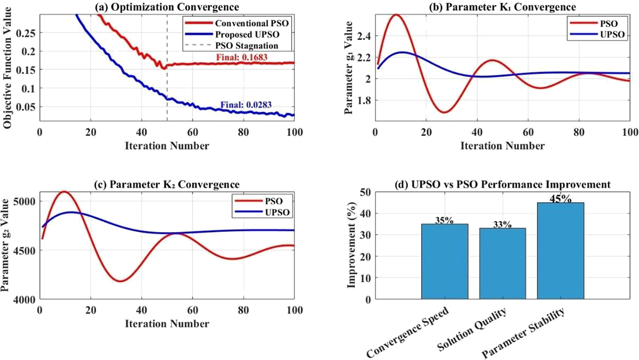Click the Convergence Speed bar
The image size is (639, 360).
pos(445,261)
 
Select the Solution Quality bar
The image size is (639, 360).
pos(502,263)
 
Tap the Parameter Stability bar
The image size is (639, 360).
pos(560,251)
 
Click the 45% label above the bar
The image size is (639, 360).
pos(560,199)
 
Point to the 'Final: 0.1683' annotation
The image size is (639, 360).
pos(242,58)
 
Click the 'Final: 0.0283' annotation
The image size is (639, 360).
pos(246,105)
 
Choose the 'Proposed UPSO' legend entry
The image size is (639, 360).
pos(232,34)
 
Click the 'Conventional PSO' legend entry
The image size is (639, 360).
pos(237,23)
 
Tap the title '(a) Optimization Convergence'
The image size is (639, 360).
pos(167,7)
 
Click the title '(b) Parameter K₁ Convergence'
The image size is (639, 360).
pos(502,7)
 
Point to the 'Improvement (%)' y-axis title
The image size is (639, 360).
pos(352,245)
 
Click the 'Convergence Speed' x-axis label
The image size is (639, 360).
pos(408,332)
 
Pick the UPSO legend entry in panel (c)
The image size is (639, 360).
pos(262,212)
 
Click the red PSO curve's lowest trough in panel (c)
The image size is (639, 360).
pos(121,281)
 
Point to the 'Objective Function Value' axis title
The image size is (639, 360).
pos(7,68)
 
